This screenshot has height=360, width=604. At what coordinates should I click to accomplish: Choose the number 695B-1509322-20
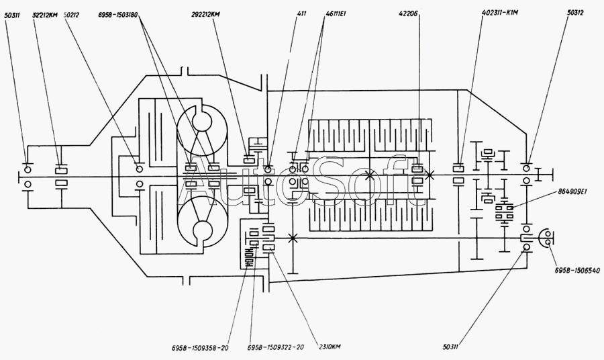tap(276, 348)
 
